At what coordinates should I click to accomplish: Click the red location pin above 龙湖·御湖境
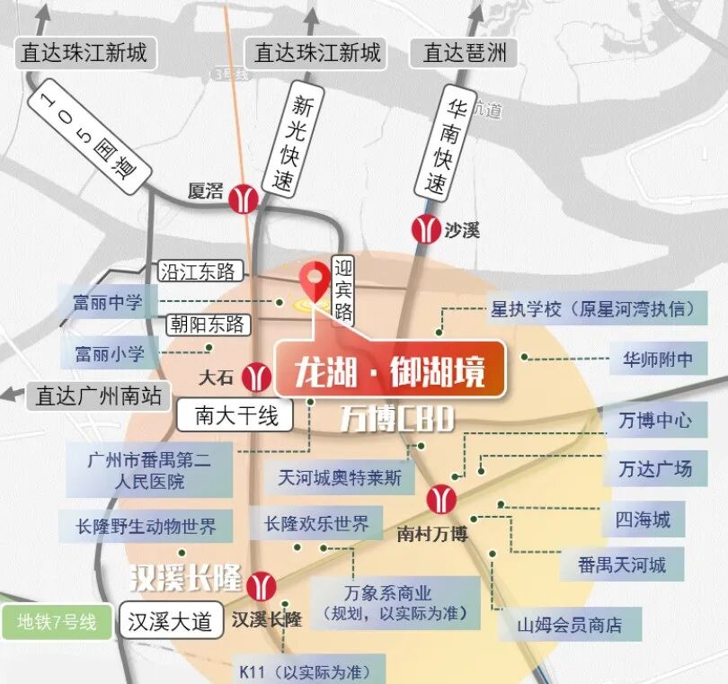click(x=315, y=280)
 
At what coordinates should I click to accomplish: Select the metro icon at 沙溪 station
click(x=425, y=229)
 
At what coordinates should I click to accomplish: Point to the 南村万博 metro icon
click(x=441, y=499)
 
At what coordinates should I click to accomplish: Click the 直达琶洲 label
click(x=465, y=52)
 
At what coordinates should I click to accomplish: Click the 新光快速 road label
click(x=302, y=145)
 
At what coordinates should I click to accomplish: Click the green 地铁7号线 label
click(x=56, y=622)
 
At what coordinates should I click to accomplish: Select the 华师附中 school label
click(x=657, y=360)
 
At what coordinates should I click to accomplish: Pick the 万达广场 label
click(x=655, y=468)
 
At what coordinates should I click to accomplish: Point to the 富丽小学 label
click(x=109, y=351)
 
